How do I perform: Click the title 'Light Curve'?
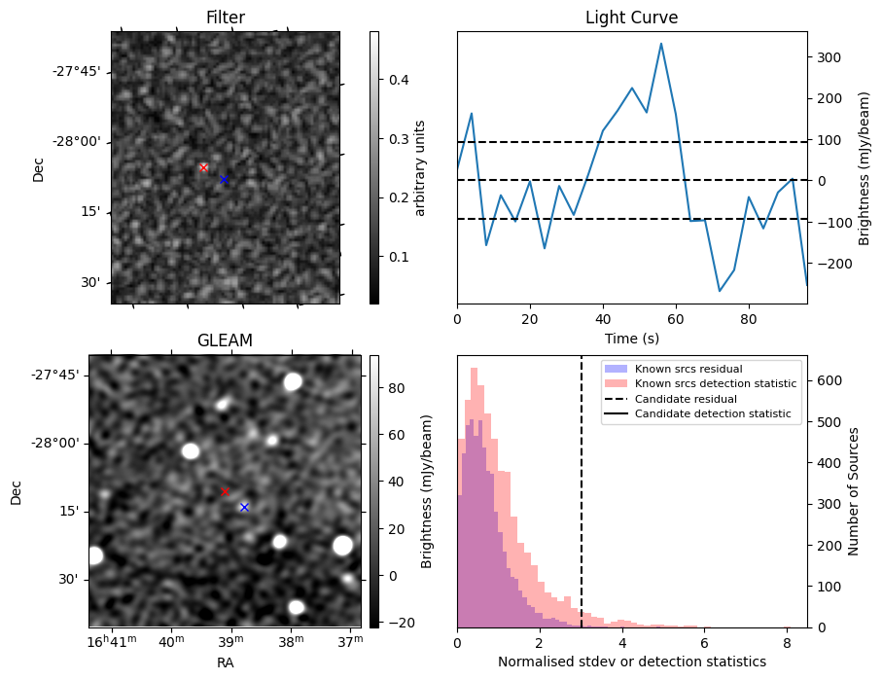631,18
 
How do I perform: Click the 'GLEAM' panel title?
225,340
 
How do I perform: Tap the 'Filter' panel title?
225,18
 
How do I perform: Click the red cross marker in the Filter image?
203,167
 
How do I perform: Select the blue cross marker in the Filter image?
224,180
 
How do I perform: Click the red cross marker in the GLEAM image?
225,492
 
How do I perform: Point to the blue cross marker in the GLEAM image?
244,507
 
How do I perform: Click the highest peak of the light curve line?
661,44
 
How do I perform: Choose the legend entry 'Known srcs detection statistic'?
715,383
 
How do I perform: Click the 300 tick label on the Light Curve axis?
828,57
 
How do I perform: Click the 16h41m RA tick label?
113,641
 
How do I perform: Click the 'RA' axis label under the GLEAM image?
225,662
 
